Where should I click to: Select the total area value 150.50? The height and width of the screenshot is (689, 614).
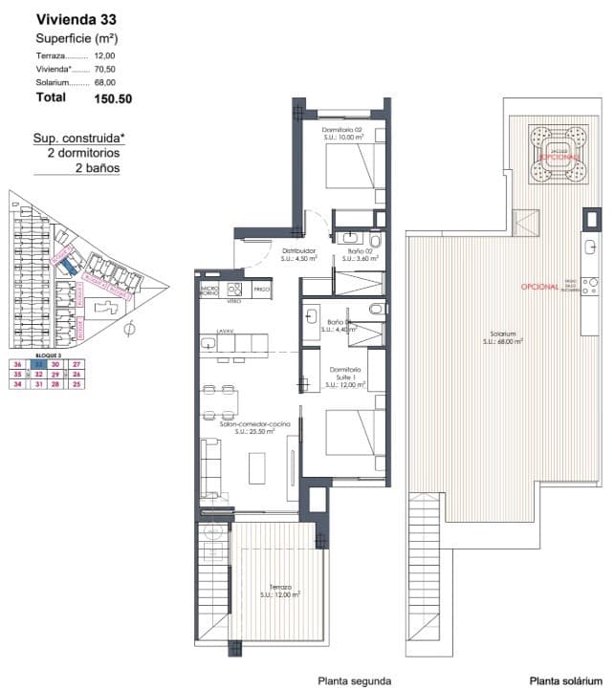pos(113,97)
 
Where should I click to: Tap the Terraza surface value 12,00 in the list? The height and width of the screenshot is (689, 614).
pos(105,55)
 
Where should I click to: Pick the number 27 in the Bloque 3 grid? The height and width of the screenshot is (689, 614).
pos(77,363)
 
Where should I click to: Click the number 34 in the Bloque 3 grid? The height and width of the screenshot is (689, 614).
pos(17,384)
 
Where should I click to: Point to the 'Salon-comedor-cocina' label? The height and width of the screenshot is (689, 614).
pos(253,423)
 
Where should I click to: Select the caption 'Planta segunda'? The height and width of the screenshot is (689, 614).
pos(355,680)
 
